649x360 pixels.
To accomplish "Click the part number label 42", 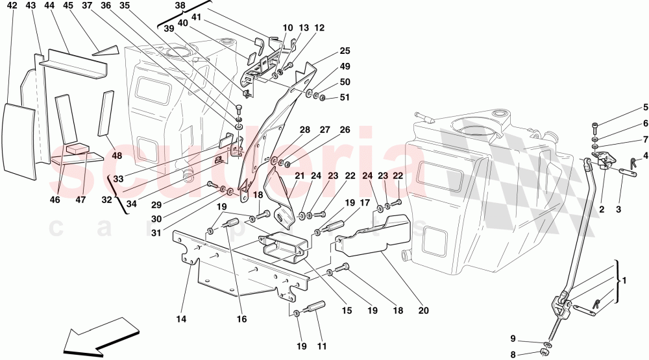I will pos(12,6).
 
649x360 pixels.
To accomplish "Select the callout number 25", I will pos(345,51).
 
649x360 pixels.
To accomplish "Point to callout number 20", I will pos(423,311).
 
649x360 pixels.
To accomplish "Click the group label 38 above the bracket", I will pos(180,6).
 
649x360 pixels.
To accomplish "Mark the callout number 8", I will pos(513,354).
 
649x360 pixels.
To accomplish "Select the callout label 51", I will pos(345,98).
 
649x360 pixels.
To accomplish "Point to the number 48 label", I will pos(117,156).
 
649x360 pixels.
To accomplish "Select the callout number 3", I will pos(618,210).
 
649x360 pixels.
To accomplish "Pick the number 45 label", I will pos(68,6).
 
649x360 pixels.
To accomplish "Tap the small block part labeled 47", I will pos(77,149).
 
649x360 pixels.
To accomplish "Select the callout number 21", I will pos(299,176).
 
